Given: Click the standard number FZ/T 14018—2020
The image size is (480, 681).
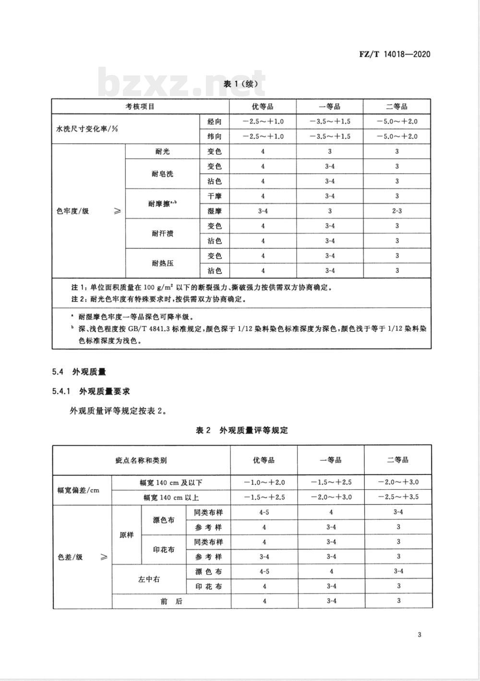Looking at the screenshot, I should click(395, 54).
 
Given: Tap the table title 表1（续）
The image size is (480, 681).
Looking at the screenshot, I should click(244, 84).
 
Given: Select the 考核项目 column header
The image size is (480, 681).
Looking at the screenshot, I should click(140, 107).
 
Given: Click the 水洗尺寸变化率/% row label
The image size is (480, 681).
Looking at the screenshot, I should click(87, 129).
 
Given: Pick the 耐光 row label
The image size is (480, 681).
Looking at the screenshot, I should click(162, 152).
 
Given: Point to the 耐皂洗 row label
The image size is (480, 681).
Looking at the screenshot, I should click(162, 174).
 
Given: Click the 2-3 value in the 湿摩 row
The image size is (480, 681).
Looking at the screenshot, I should click(397, 211).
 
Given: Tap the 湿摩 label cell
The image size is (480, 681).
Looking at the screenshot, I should click(215, 211).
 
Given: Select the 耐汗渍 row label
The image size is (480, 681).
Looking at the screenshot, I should click(162, 233).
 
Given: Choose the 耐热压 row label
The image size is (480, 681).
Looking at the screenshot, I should click(162, 263).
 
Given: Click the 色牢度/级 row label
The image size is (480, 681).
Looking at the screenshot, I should click(73, 211).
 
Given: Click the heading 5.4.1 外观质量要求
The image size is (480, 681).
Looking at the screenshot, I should click(91, 391).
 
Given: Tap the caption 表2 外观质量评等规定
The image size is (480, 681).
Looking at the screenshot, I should click(242, 430).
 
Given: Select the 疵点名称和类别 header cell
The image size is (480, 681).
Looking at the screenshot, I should click(141, 461).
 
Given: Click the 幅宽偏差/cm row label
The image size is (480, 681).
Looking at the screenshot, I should click(78, 490).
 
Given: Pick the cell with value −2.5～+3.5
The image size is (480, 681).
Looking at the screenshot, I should click(398, 497).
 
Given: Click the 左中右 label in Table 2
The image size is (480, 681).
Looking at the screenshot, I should click(149, 579).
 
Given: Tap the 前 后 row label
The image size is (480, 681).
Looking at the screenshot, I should click(171, 601).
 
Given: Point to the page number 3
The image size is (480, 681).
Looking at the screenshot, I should click(420, 635).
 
